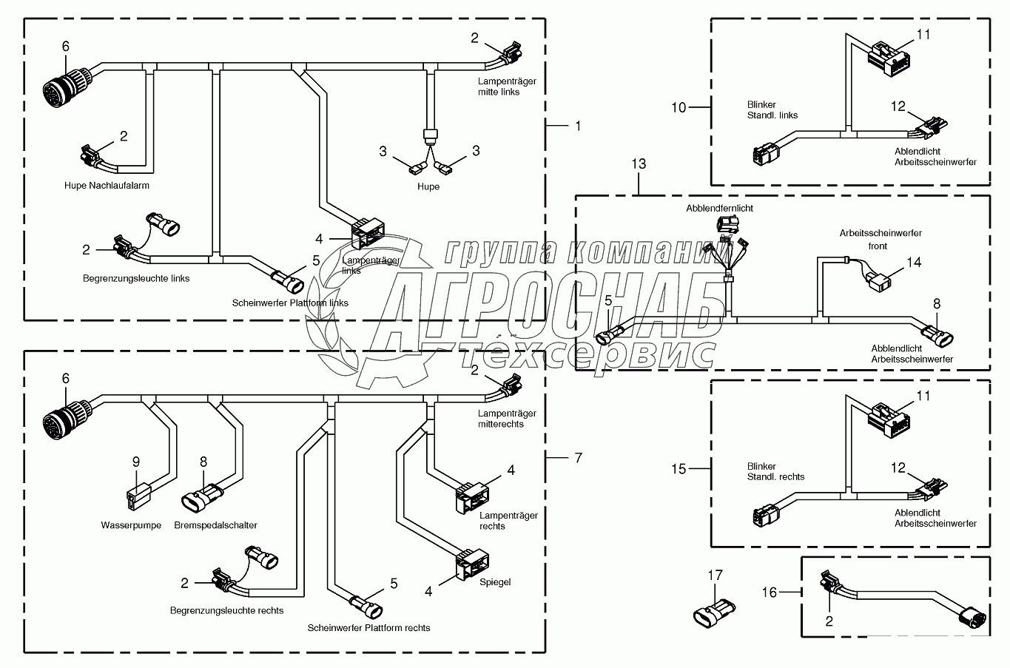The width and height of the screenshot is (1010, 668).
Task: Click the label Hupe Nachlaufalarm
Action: (111, 186)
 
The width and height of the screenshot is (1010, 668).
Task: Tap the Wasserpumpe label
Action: (131, 525)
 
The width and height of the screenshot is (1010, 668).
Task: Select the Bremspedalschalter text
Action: (216, 525)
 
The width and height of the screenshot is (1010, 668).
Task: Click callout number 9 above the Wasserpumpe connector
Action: (136, 462)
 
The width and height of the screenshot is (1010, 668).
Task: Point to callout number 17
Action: (715, 575)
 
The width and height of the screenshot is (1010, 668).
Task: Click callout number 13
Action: (639, 163)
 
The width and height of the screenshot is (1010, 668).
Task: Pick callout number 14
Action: (915, 262)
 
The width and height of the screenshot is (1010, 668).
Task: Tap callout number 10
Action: (679, 107)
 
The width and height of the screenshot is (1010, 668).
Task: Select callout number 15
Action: (679, 468)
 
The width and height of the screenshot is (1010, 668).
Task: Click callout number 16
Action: (770, 591)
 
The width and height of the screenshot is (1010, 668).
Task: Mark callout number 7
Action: (577, 458)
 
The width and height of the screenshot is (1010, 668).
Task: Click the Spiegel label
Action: (495, 582)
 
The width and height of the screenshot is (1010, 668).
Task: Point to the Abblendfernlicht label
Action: (719, 209)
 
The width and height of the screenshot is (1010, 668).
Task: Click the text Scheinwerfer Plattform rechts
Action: (368, 627)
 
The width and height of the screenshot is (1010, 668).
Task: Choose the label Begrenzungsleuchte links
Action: (136, 278)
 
